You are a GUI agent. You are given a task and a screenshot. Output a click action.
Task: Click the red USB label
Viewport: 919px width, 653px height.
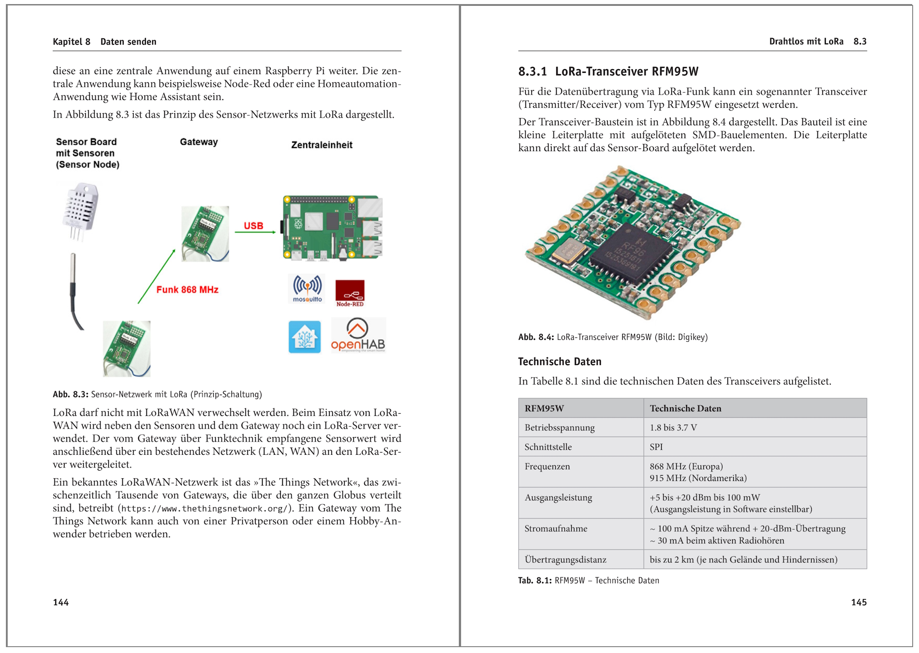tap(253, 225)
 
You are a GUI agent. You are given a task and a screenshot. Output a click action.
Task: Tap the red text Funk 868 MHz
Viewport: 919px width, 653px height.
tap(187, 290)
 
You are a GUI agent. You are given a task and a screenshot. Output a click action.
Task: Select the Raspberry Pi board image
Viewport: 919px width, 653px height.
tap(332, 227)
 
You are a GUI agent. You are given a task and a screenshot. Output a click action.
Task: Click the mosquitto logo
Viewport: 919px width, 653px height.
tap(307, 289)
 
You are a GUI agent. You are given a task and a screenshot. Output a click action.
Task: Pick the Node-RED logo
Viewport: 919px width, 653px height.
tap(350, 293)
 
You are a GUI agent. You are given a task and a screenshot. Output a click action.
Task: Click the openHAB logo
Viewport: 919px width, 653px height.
tap(358, 335)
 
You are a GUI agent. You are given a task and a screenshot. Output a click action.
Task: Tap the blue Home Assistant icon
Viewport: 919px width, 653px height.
tap(304, 337)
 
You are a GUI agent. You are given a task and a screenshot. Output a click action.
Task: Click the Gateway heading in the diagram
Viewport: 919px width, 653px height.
tap(199, 142)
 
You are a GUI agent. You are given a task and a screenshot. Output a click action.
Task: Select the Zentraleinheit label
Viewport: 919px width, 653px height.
tap(322, 145)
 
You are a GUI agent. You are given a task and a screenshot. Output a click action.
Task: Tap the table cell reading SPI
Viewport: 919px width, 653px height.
tap(656, 447)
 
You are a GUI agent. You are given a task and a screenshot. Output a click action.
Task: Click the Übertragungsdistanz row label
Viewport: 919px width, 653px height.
tap(565, 559)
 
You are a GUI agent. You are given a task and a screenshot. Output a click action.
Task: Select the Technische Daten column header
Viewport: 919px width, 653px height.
tap(685, 408)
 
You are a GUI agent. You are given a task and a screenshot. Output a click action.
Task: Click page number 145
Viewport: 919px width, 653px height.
tap(858, 602)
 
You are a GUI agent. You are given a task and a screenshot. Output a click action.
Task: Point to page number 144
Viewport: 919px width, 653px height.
tap(61, 602)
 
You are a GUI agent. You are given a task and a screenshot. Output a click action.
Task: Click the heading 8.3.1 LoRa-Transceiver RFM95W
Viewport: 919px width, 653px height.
tap(608, 71)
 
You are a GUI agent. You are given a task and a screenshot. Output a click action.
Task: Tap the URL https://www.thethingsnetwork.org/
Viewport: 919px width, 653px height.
tap(204, 508)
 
